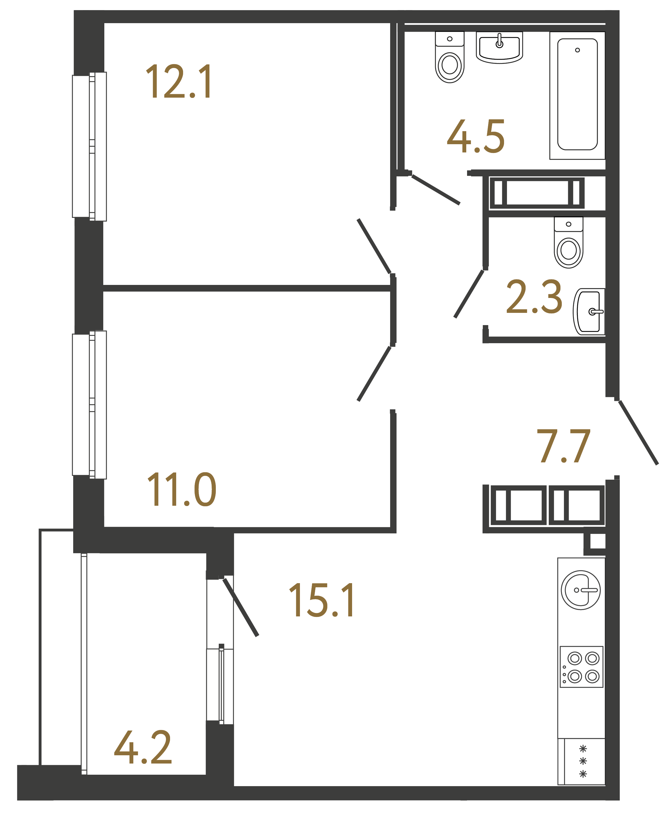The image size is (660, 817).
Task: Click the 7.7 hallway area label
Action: pyautogui.click(x=563, y=446)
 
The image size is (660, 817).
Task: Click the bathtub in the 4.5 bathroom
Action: pyautogui.click(x=577, y=95)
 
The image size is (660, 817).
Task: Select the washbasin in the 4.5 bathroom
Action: pyautogui.click(x=499, y=48)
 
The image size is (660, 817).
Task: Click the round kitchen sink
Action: pyautogui.click(x=580, y=590)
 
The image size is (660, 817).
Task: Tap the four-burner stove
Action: pyautogui.click(x=581, y=667)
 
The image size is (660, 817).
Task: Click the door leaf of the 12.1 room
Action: pyautogui.click(x=374, y=246)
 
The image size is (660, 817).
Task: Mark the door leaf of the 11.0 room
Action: pyautogui.click(x=374, y=374)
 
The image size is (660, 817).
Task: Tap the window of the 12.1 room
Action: pyautogui.click(x=89, y=146)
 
